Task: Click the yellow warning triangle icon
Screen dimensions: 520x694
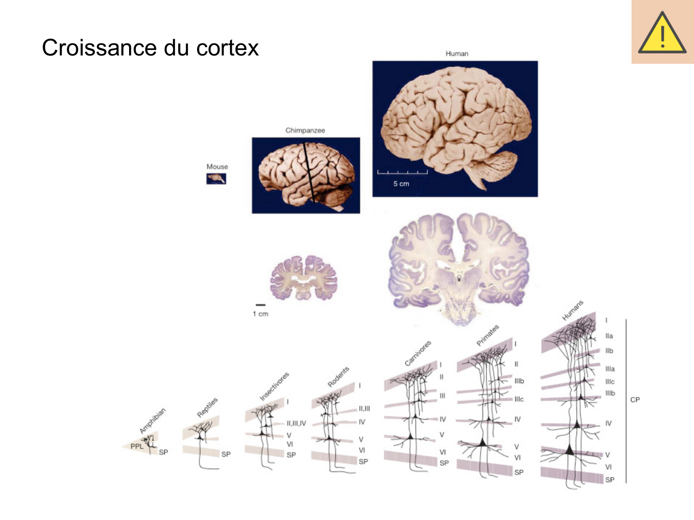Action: [662, 32]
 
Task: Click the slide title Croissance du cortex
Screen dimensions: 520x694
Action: [150, 48]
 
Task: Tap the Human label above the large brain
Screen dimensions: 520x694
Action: [457, 54]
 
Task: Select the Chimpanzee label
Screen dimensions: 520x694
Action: [305, 130]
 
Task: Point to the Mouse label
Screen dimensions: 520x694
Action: [217, 166]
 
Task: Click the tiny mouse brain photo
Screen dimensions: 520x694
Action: [216, 178]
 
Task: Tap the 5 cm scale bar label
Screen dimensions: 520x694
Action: [401, 184]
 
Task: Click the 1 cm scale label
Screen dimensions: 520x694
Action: [260, 314]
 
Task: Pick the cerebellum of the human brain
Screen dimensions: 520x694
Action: [498, 165]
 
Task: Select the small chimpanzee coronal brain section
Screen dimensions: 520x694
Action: [304, 278]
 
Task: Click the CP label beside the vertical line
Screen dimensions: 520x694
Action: [635, 400]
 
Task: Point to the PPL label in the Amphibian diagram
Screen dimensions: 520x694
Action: [137, 446]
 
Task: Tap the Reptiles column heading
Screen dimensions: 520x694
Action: [207, 407]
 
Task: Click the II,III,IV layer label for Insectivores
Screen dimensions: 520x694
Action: [296, 423]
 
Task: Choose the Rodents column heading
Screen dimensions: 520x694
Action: [338, 377]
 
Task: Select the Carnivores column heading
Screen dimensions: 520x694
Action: [417, 353]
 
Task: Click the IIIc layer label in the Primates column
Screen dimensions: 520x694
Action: [519, 399]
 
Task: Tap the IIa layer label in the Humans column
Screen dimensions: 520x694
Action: [609, 336]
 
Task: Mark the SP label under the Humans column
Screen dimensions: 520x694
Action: [610, 480]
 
